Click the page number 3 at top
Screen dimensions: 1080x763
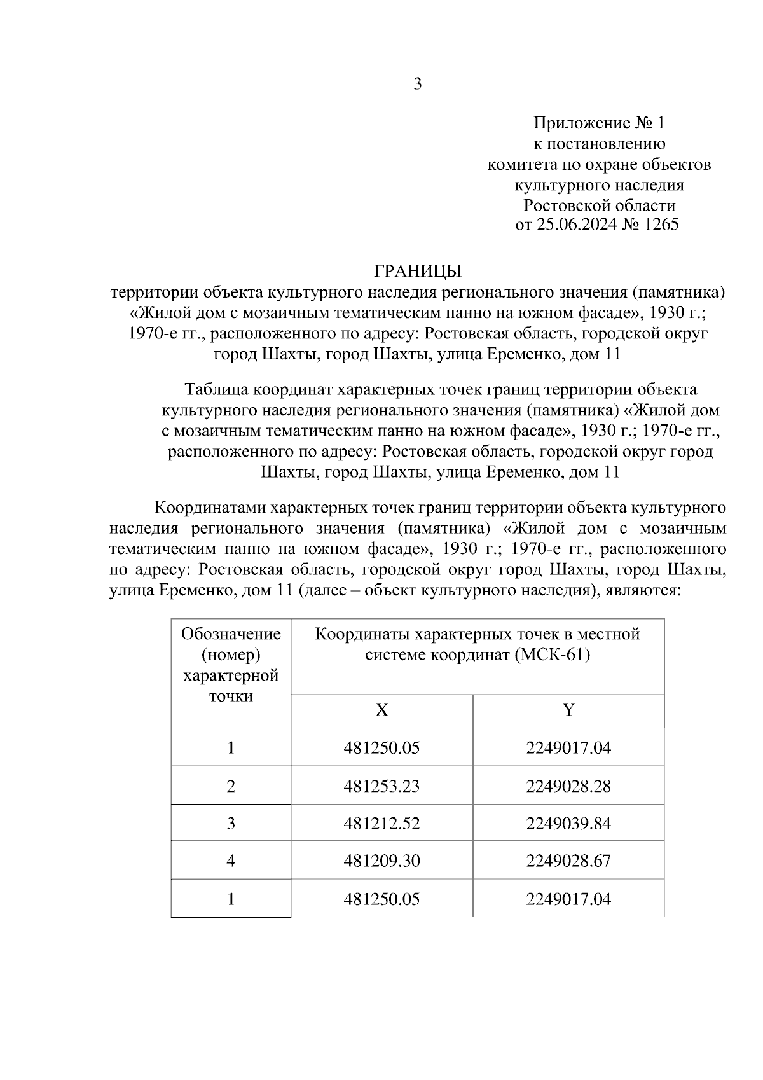[x=418, y=85]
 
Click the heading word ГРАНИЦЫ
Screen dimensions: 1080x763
[x=418, y=272]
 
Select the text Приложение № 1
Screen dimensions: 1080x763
[x=598, y=123]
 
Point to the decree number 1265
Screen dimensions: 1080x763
[x=661, y=225]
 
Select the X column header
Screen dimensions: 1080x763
[x=381, y=710]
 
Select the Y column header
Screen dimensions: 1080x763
[x=568, y=710]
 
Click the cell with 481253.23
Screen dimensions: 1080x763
[x=381, y=786]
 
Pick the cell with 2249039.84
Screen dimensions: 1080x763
[x=568, y=824]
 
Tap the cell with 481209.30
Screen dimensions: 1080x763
[x=381, y=861]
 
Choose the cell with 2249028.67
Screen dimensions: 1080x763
[x=568, y=861]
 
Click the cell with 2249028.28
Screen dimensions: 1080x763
[x=568, y=786]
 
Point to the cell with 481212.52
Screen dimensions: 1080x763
[x=381, y=824]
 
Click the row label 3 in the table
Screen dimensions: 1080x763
[x=231, y=824]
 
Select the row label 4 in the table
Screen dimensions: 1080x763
[x=231, y=861]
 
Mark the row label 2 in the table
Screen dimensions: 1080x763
[x=231, y=786]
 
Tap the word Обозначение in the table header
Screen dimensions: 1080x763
[x=231, y=634]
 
